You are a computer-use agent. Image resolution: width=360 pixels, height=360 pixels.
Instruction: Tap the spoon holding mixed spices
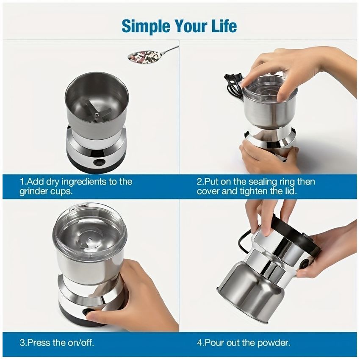click(x=146, y=55)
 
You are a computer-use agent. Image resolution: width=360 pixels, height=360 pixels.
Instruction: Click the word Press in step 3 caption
click(x=38, y=342)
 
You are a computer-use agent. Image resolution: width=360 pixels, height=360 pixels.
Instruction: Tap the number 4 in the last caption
click(x=199, y=342)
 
